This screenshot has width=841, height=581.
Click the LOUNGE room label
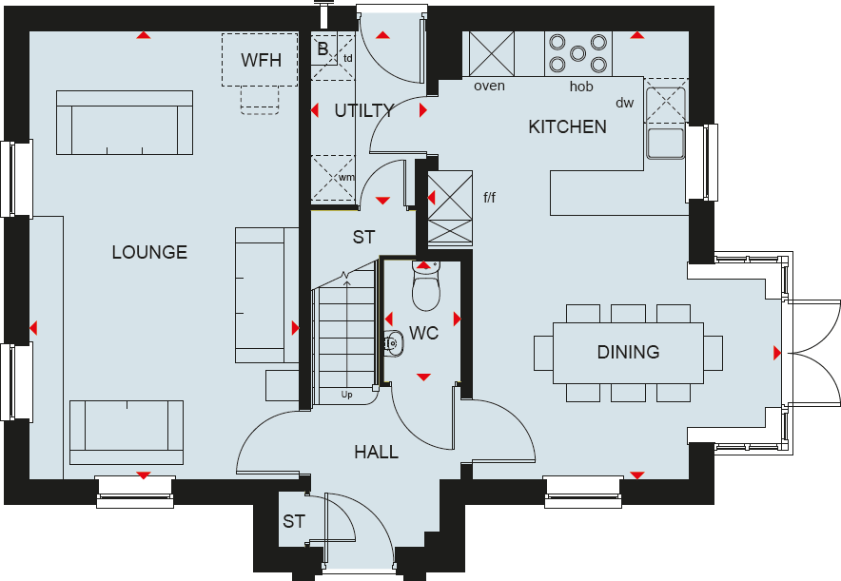[149, 252]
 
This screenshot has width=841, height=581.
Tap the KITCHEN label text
[567, 126]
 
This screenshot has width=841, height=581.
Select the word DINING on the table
[628, 352]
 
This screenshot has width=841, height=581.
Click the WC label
[422, 335]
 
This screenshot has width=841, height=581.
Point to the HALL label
[376, 452]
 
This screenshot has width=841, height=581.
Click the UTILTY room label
[363, 111]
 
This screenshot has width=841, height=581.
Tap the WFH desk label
[261, 60]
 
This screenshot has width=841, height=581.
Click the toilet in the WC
[424, 284]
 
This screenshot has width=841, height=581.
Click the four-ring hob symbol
[577, 53]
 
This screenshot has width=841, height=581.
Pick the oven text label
[489, 87]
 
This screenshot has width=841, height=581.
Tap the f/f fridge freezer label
[489, 198]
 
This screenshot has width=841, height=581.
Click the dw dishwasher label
[624, 103]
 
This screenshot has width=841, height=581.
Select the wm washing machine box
[333, 178]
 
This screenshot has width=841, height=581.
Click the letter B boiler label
[323, 48]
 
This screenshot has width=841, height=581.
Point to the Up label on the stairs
[348, 394]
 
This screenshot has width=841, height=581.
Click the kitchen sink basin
[665, 143]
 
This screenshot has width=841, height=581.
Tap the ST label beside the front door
[293, 522]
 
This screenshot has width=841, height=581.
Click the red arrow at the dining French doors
[777, 353]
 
